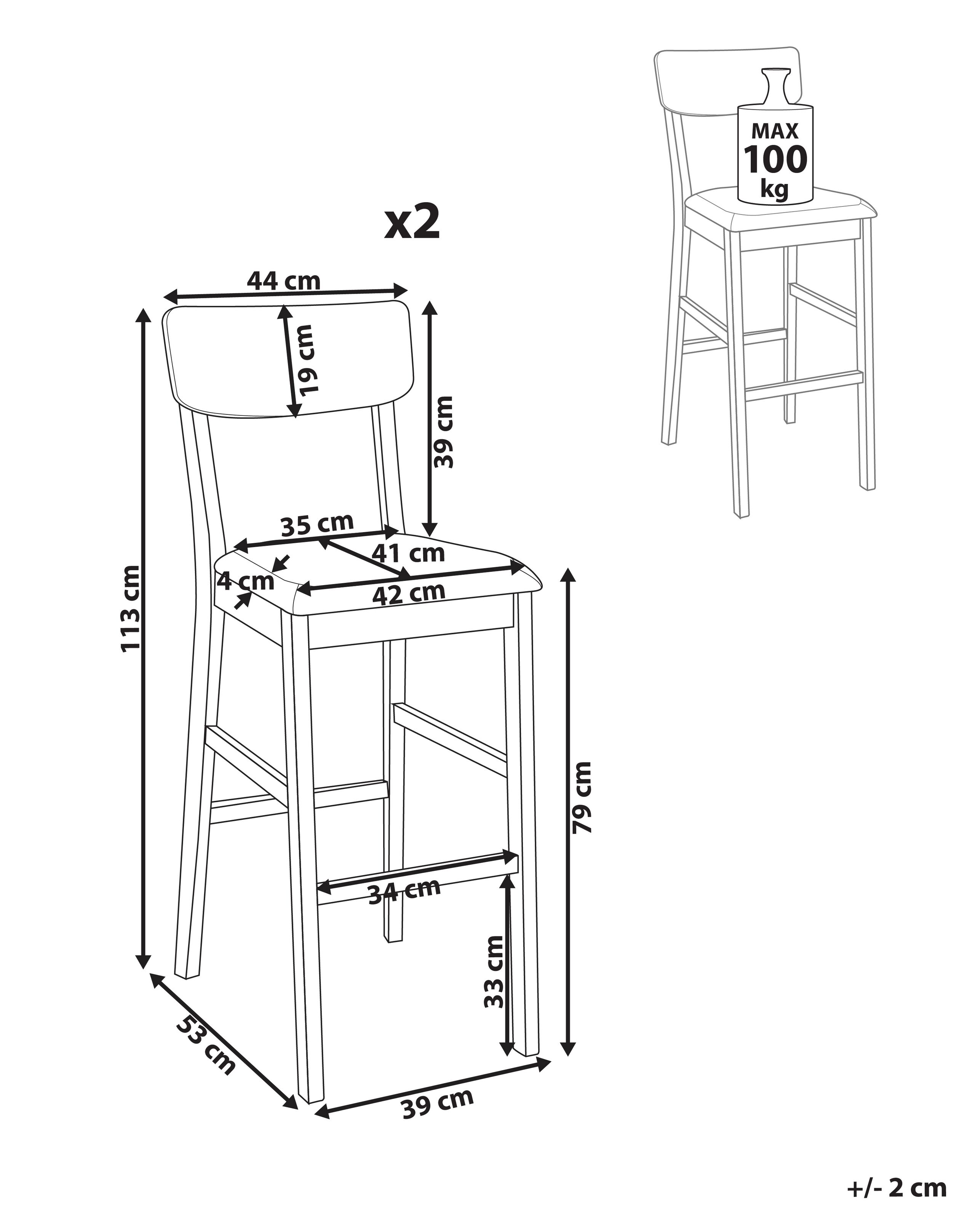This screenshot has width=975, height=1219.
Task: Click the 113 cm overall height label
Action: [x=131, y=609]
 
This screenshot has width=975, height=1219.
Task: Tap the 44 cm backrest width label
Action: [x=284, y=281]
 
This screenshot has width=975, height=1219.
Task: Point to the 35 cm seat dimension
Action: [x=317, y=525]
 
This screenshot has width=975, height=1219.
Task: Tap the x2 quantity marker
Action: [x=412, y=222]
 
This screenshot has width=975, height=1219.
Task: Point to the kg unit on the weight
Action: [x=774, y=188]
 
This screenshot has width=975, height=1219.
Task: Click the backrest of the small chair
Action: [x=728, y=82]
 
